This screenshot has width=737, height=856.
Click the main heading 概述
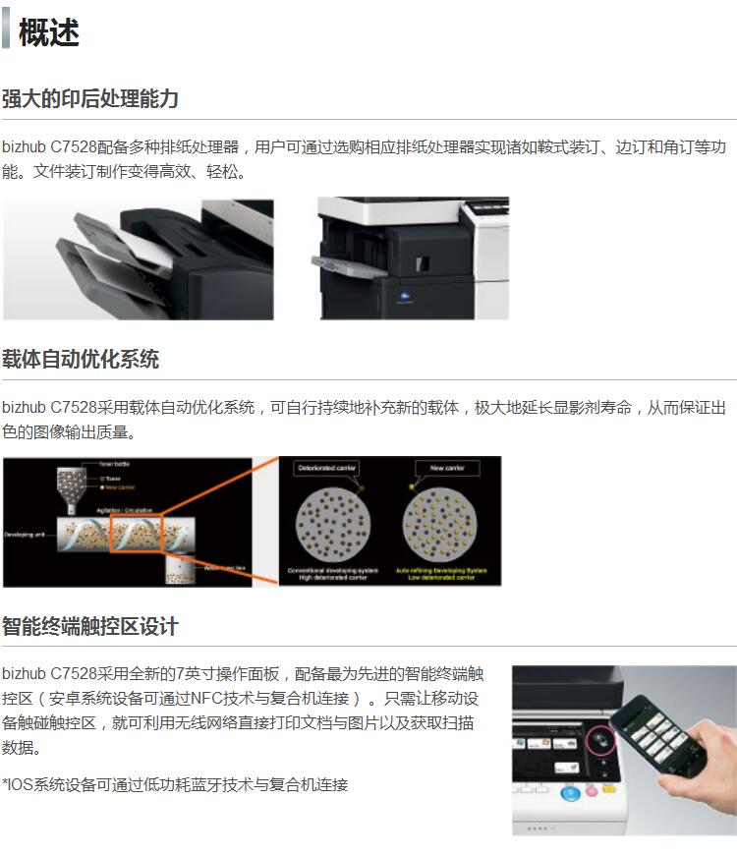(x=48, y=31)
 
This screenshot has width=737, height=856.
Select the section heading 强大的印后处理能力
(x=90, y=99)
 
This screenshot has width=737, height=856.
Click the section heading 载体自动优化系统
(x=81, y=360)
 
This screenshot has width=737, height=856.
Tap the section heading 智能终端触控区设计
(x=90, y=627)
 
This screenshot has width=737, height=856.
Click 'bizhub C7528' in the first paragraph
(x=49, y=147)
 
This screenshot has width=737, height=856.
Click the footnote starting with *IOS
(x=175, y=784)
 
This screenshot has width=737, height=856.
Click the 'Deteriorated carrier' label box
(x=327, y=469)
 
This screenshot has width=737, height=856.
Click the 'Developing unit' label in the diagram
(x=24, y=536)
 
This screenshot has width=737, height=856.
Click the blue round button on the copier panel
(x=569, y=792)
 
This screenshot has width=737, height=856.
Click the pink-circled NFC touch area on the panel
(x=600, y=739)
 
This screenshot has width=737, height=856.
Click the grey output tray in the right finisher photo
(x=345, y=262)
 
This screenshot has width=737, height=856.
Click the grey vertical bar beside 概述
(x=6, y=31)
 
